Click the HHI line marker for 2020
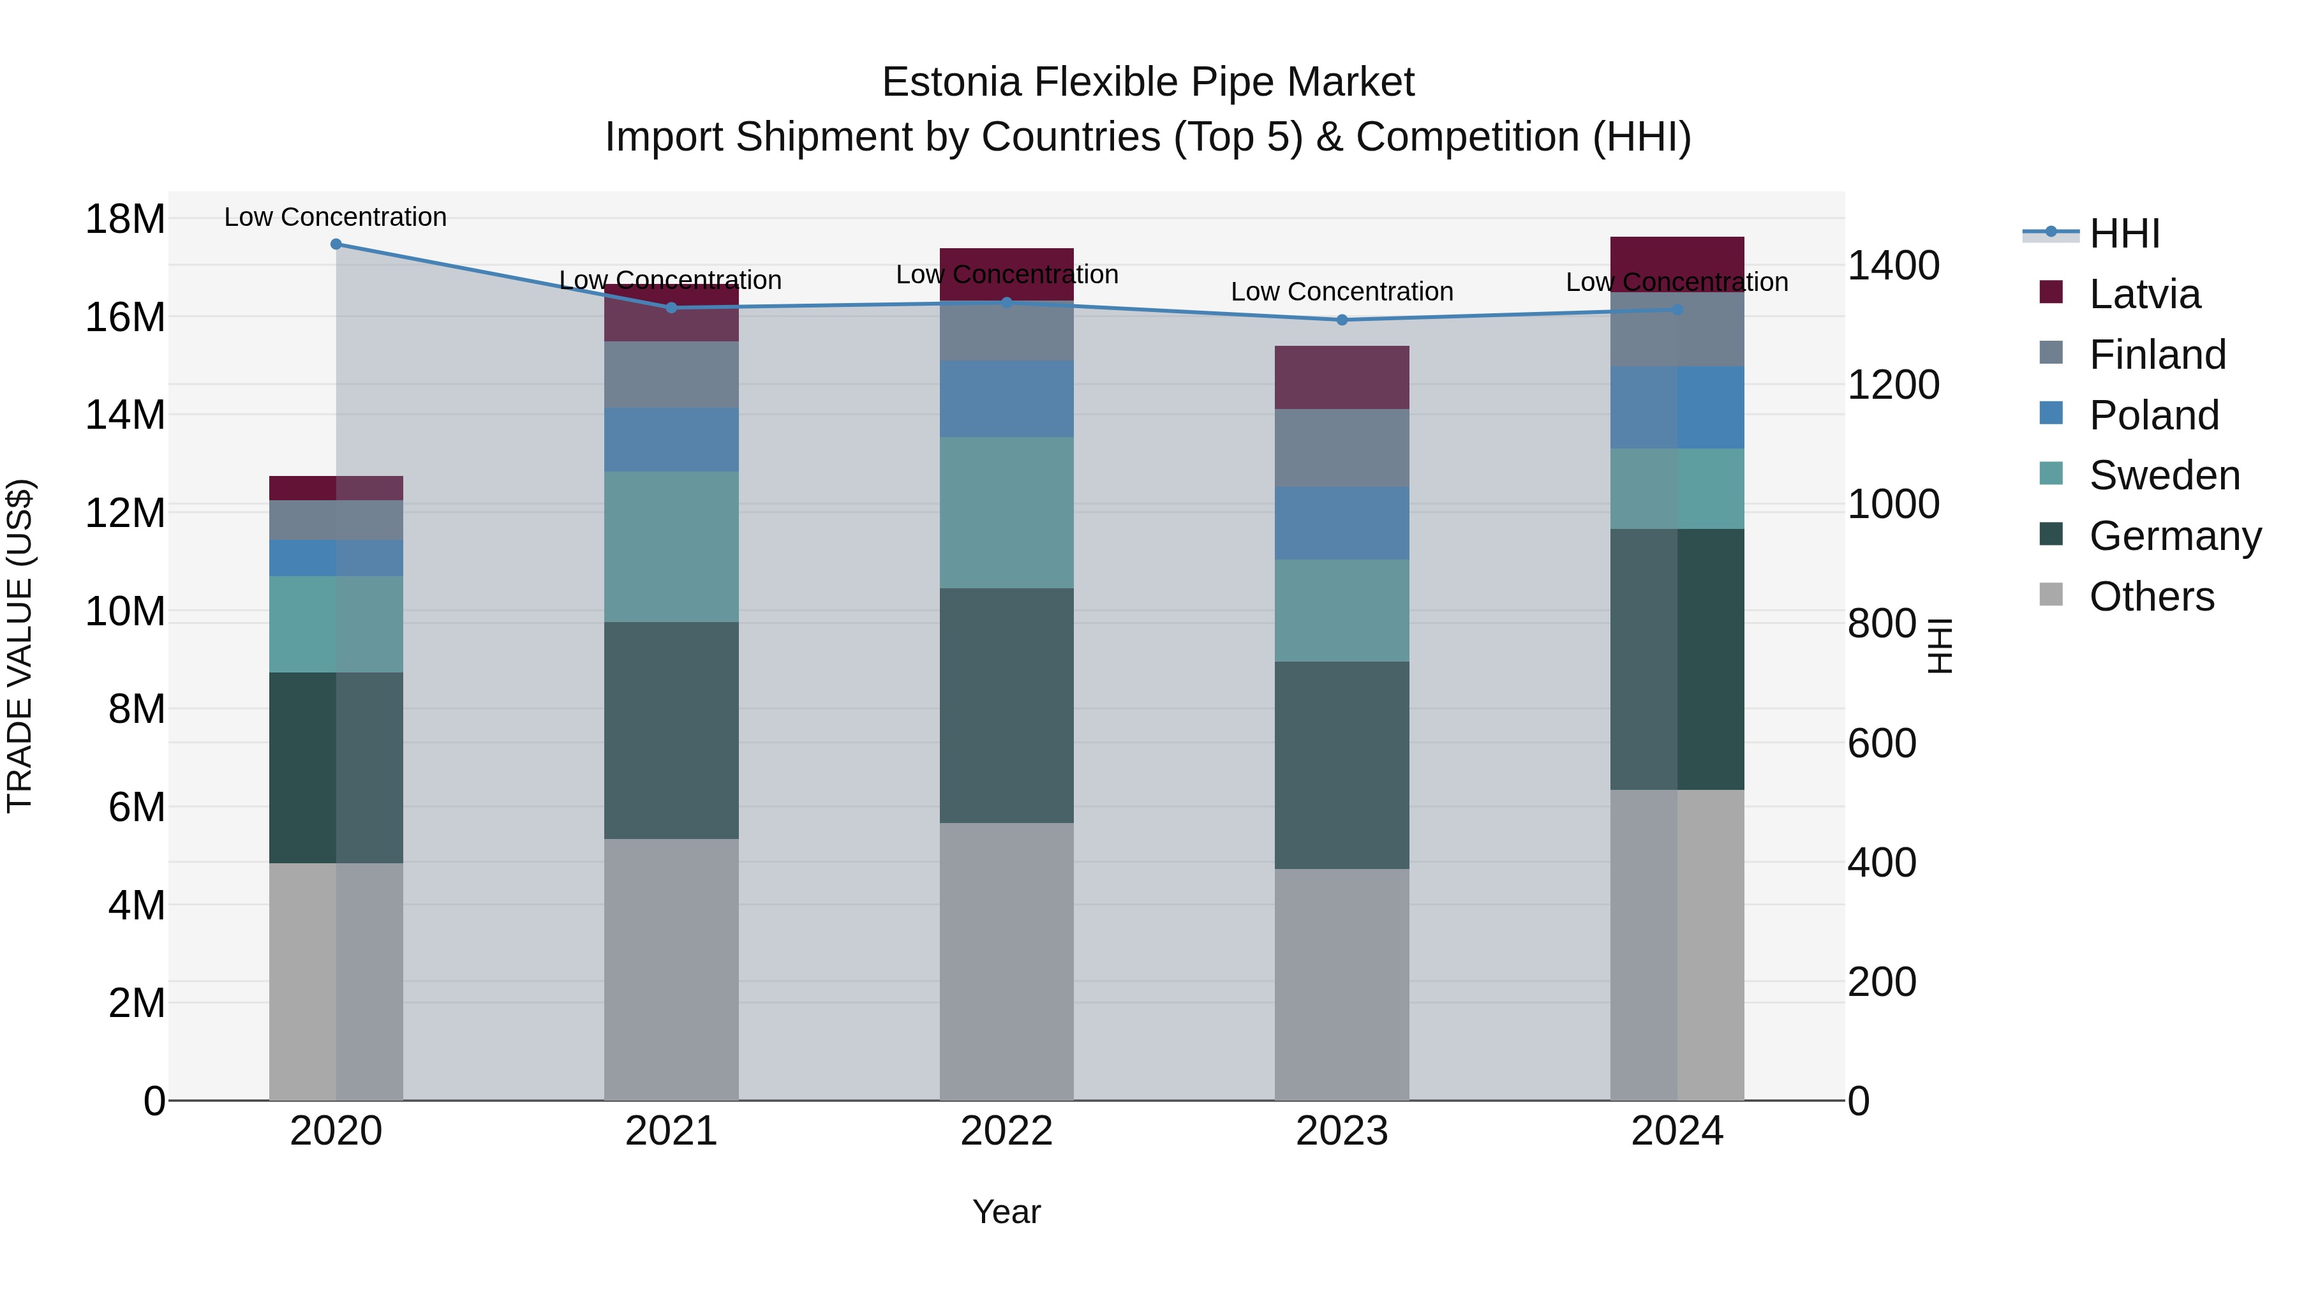(336, 244)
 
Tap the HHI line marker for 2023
(1342, 320)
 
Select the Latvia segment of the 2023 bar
(1342, 377)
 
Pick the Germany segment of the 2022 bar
(1007, 705)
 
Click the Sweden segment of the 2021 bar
(671, 547)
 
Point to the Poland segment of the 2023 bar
(1342, 523)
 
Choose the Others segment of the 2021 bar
(671, 969)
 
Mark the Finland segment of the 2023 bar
(1342, 448)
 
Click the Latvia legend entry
(2144, 294)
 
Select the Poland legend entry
(2153, 415)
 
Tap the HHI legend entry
(2124, 234)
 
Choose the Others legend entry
(2151, 597)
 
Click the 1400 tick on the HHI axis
(1893, 265)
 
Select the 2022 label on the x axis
(1007, 1131)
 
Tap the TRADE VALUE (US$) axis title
(20, 646)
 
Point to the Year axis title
(1007, 1212)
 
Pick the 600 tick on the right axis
(1882, 744)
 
